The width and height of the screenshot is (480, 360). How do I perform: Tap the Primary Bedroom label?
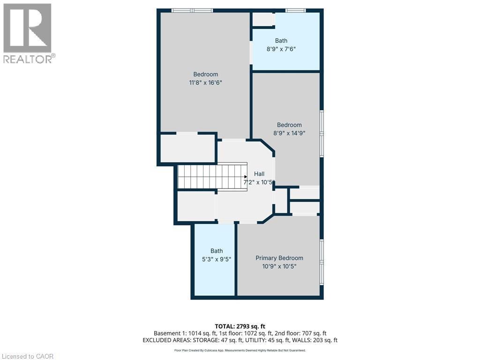279,258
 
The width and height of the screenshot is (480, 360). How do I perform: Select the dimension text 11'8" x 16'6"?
205,82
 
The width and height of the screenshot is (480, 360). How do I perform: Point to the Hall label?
259,174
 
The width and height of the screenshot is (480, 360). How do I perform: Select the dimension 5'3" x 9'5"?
217,259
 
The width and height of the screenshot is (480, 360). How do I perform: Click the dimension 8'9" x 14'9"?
289,133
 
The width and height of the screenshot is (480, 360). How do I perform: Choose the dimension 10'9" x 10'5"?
279,266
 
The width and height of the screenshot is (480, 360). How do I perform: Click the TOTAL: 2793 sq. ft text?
240,326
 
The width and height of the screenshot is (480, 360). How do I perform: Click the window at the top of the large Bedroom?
192,10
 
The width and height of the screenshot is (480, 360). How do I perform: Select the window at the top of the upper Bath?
296,10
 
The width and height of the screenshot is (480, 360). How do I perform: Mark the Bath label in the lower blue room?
217,251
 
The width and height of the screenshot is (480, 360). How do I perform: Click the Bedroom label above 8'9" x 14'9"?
289,125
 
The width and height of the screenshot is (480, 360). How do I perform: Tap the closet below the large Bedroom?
187,149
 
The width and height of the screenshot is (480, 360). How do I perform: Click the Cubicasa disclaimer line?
240,350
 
